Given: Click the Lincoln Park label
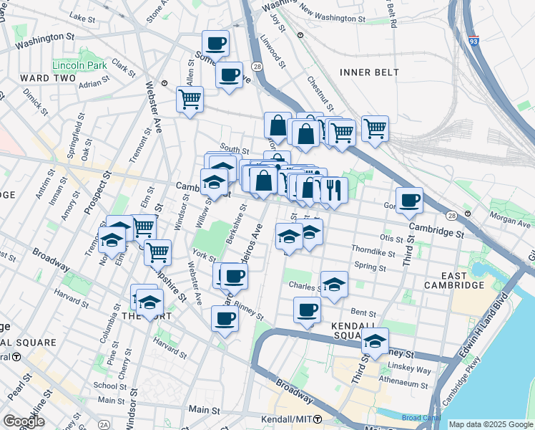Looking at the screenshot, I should point(79,65).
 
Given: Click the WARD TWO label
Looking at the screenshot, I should point(44,78).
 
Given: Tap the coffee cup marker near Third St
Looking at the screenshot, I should point(409,201).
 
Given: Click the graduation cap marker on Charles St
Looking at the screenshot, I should point(334,285).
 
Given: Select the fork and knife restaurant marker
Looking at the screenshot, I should point(333,190).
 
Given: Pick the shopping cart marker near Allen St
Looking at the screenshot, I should point(190,100).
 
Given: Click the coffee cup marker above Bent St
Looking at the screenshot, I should point(307,310).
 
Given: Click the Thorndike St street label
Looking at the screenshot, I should point(373,250).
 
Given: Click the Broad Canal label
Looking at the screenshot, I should point(417,417).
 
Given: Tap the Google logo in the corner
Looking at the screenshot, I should point(24,421).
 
